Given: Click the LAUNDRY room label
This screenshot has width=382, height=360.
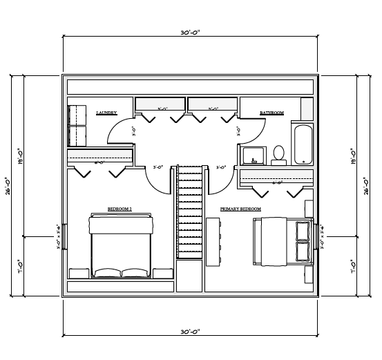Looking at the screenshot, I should pos(106,112).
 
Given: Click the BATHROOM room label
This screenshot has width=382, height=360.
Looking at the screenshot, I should pos(271,112).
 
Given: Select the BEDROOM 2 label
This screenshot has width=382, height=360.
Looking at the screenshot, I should pos(120,208).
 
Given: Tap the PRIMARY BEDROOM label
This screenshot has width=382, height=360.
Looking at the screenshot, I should pos(240,208).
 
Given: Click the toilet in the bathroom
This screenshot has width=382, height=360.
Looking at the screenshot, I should pos(279,154).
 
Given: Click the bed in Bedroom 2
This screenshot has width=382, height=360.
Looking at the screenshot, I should pos(122,246).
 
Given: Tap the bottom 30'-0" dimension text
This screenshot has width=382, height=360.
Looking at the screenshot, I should pos(190,332).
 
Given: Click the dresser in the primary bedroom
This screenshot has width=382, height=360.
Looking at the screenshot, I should pos(213,240).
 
